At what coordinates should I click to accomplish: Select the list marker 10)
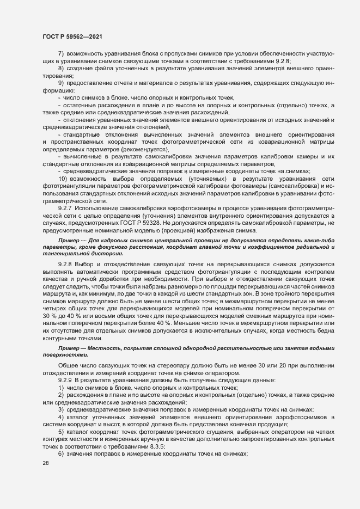coord(62,179)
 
